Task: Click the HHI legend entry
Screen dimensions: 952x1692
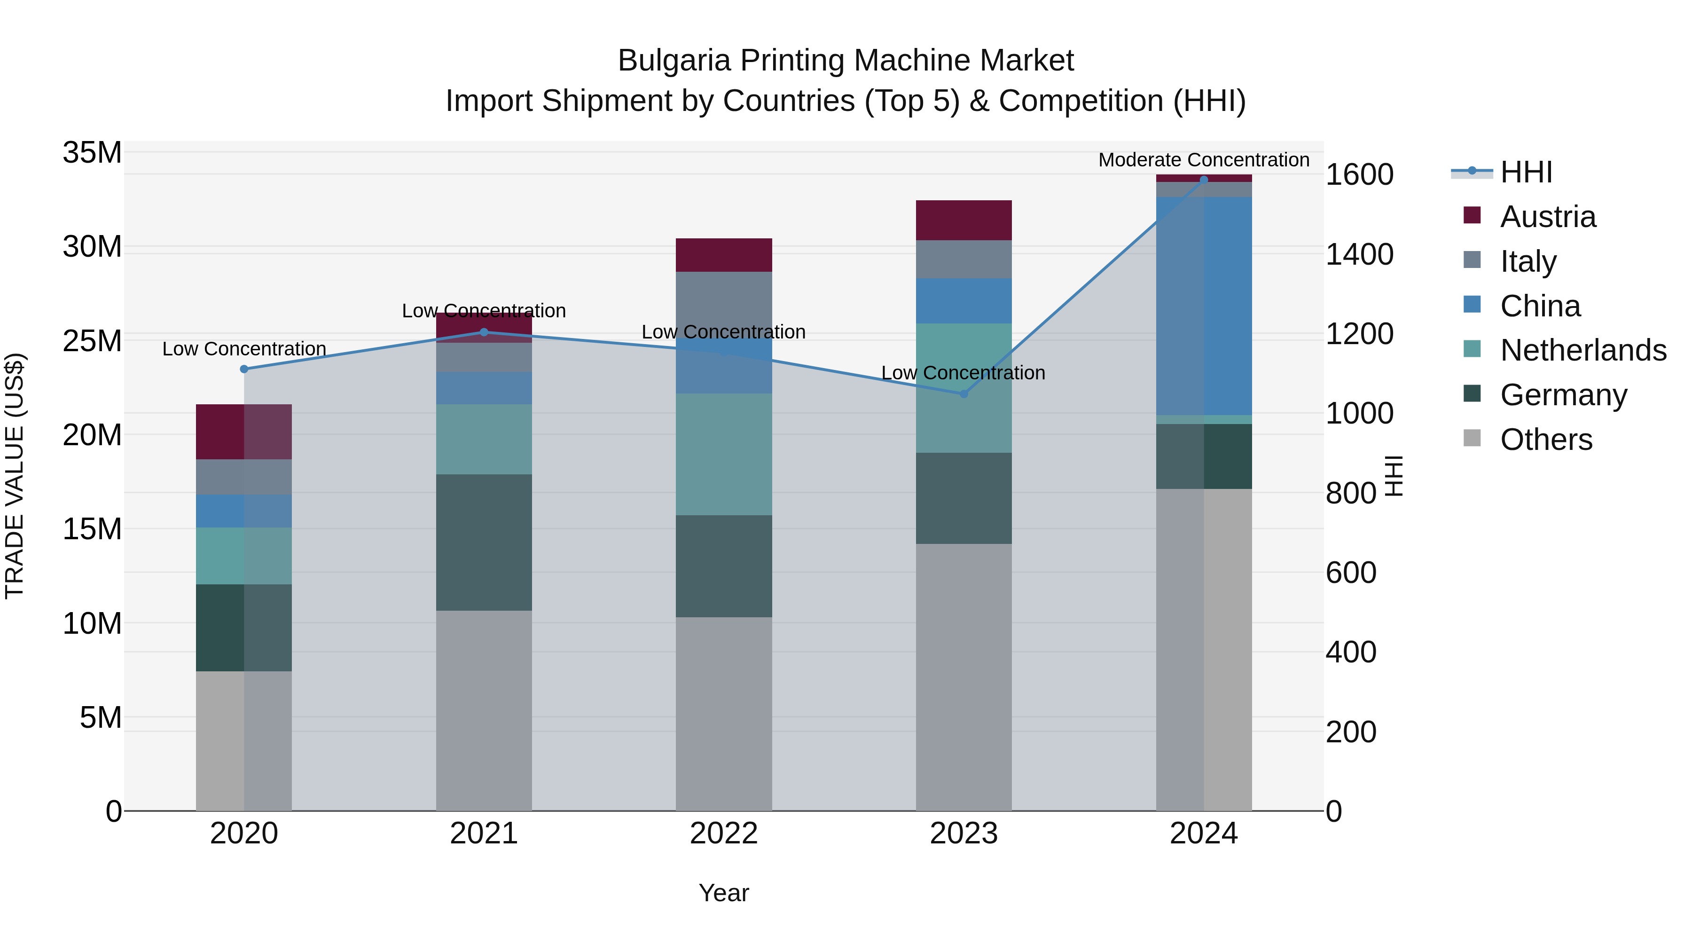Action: pyautogui.click(x=1526, y=172)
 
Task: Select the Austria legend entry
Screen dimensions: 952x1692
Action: pyautogui.click(x=1548, y=217)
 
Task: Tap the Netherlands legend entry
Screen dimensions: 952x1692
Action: pyautogui.click(x=1583, y=350)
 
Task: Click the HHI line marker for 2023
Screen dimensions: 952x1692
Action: pyautogui.click(x=963, y=394)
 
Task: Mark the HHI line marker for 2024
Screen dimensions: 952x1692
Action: pyautogui.click(x=1203, y=180)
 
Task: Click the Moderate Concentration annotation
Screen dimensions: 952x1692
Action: pyautogui.click(x=1203, y=160)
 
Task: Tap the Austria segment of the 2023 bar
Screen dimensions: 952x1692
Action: pyautogui.click(x=963, y=220)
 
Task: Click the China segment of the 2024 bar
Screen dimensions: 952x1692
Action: pyautogui.click(x=1203, y=306)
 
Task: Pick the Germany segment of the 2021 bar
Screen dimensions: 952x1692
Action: pyautogui.click(x=484, y=542)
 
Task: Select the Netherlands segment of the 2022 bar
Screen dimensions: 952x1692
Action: pyautogui.click(x=723, y=454)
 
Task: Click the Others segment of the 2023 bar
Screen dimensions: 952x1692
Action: pyautogui.click(x=963, y=677)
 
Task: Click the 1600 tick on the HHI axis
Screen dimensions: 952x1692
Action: pyautogui.click(x=1359, y=175)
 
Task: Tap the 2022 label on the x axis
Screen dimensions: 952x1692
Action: pyautogui.click(x=723, y=834)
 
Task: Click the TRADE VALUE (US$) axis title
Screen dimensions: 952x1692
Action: pyautogui.click(x=15, y=476)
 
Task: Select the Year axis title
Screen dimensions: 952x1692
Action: pyautogui.click(x=723, y=893)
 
